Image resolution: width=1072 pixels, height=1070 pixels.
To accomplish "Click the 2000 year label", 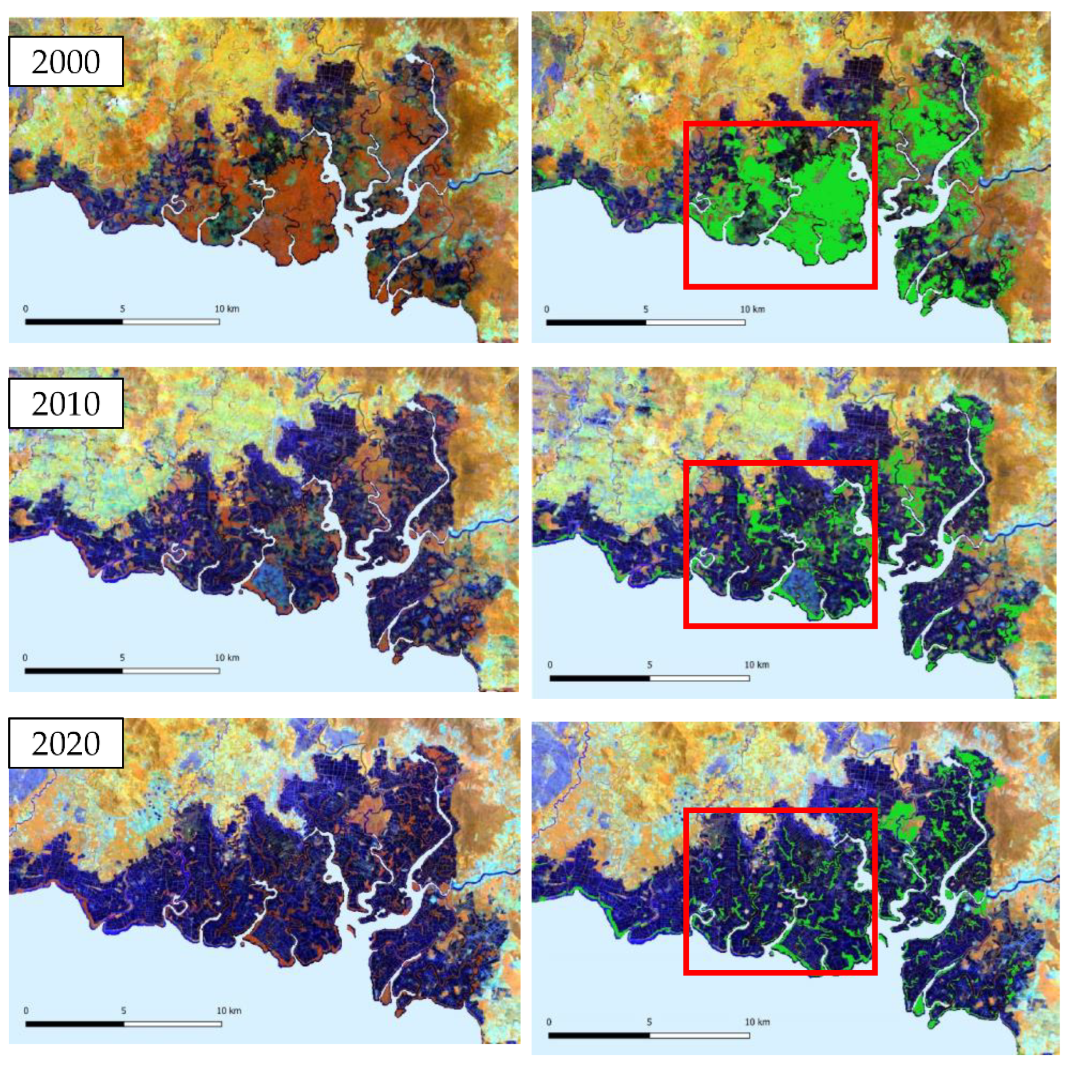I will (65, 61).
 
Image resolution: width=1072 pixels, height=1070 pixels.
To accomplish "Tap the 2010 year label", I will (65, 404).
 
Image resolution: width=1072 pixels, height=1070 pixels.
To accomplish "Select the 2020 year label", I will (65, 743).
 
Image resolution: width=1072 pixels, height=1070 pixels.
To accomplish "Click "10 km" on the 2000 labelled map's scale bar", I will (227, 309).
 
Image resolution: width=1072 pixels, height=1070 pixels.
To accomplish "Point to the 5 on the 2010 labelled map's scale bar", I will (122, 658).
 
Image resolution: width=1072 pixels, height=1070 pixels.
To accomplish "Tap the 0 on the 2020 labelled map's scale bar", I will (26, 1011).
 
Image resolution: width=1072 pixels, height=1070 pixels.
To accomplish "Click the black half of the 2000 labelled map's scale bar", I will (74, 321).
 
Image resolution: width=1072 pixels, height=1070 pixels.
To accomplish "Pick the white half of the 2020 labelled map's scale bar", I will (173, 1024).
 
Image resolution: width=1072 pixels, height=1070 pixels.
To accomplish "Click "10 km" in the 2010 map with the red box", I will (757, 664).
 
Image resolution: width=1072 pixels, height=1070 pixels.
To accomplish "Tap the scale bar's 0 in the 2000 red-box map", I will (546, 309).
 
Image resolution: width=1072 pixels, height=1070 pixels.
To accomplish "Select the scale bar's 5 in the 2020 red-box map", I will (649, 1022).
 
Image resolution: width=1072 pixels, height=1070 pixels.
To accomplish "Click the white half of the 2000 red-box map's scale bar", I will (695, 322).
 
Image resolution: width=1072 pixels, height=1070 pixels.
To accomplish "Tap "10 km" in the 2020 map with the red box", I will (757, 1022).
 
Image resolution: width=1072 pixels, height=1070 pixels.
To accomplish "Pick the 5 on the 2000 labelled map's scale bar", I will (123, 309).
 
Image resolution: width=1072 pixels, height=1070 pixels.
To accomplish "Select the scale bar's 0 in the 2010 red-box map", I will (550, 664).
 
